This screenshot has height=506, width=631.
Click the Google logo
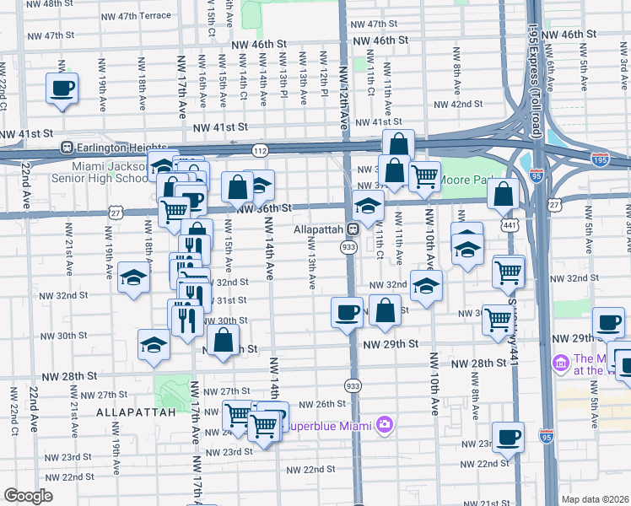coord(29,495)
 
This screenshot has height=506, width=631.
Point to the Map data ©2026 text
coord(594,498)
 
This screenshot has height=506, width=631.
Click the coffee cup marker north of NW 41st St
coord(63,88)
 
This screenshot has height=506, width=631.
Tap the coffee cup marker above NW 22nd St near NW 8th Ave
coord(508,437)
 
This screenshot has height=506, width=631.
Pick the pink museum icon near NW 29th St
coord(561,363)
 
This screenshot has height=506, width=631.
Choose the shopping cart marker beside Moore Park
coord(424,176)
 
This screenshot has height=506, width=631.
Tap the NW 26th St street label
coord(316,404)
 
